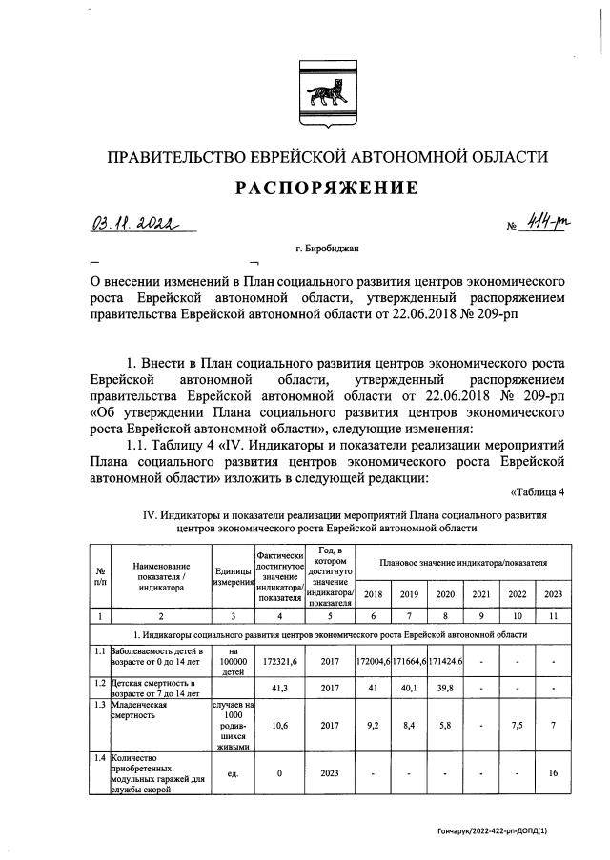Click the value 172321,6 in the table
(279, 660)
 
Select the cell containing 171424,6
(445, 660)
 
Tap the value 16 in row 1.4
(553, 773)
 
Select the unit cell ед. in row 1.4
(232, 773)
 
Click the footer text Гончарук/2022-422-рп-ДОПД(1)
(511, 830)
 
